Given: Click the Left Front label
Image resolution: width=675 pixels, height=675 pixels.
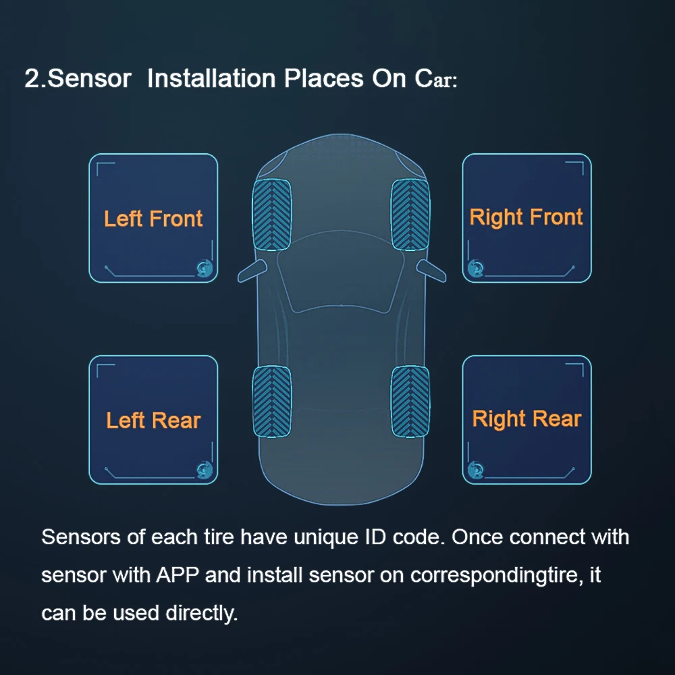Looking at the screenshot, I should (x=153, y=219).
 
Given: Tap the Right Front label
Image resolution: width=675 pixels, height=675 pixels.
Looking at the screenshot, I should (x=526, y=217).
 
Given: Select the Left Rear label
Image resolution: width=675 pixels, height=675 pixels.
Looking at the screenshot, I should (x=153, y=421).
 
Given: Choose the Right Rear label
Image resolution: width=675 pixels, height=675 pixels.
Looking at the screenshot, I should (x=526, y=418).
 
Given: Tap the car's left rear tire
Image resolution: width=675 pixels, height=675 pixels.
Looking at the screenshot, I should (x=271, y=401).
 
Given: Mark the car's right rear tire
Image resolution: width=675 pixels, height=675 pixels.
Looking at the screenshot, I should (x=410, y=401).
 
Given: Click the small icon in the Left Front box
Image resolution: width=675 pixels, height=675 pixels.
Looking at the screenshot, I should (x=203, y=267).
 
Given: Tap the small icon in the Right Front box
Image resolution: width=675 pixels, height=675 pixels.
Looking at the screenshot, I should (x=477, y=267).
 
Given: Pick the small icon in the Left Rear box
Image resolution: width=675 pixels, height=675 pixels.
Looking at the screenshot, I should (x=203, y=469).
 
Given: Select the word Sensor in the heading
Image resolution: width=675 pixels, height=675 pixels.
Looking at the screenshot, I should (x=90, y=79).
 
